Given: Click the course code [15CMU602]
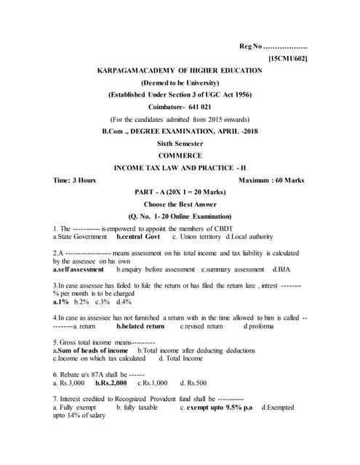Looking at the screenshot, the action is pyautogui.click(x=287, y=57).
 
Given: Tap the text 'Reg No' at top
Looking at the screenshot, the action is pyautogui.click(x=250, y=46).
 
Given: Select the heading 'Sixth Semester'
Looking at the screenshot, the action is pyautogui.click(x=180, y=143).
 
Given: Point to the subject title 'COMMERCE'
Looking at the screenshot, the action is pyautogui.click(x=180, y=155).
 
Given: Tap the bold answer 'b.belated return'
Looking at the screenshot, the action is pyautogui.click(x=141, y=326).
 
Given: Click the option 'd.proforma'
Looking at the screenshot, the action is pyautogui.click(x=259, y=326).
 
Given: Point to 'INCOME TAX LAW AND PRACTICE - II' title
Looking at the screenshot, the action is pyautogui.click(x=180, y=168).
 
